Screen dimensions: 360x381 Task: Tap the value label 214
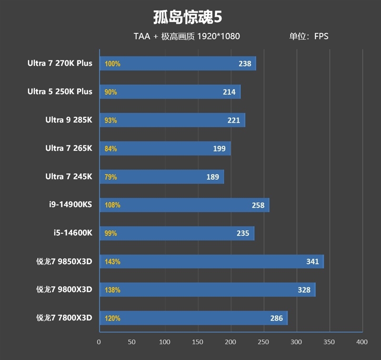pyautogui.click(x=229, y=92)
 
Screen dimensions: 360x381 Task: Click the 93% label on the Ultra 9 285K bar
pyautogui.click(x=110, y=120)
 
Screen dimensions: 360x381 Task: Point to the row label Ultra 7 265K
pyautogui.click(x=69, y=148)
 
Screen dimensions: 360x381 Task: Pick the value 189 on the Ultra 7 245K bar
pyautogui.click(x=213, y=177)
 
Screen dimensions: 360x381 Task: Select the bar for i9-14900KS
pyautogui.click(x=184, y=205)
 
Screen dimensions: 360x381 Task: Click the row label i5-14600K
pyautogui.click(x=72, y=233)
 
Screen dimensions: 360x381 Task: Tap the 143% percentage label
pyautogui.click(x=112, y=262)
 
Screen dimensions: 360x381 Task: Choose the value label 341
pyautogui.click(x=312, y=262)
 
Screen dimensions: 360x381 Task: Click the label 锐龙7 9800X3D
pyautogui.click(x=64, y=289)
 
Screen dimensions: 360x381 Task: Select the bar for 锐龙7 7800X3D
pyautogui.click(x=193, y=318)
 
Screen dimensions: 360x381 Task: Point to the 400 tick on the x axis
pyautogui.click(x=362, y=342)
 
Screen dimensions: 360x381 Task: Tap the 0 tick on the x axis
pyautogui.click(x=99, y=342)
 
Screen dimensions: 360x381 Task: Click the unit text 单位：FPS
pyautogui.click(x=309, y=36)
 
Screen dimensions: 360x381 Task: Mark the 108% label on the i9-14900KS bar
pyautogui.click(x=112, y=205)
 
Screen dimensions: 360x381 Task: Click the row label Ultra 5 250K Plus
pyautogui.click(x=60, y=92)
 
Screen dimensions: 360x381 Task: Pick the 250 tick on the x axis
pyautogui.click(x=263, y=342)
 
